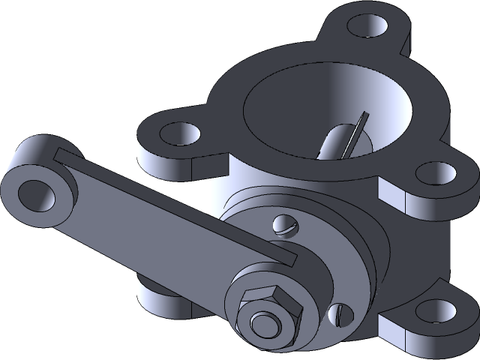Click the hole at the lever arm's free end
point(35,194)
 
